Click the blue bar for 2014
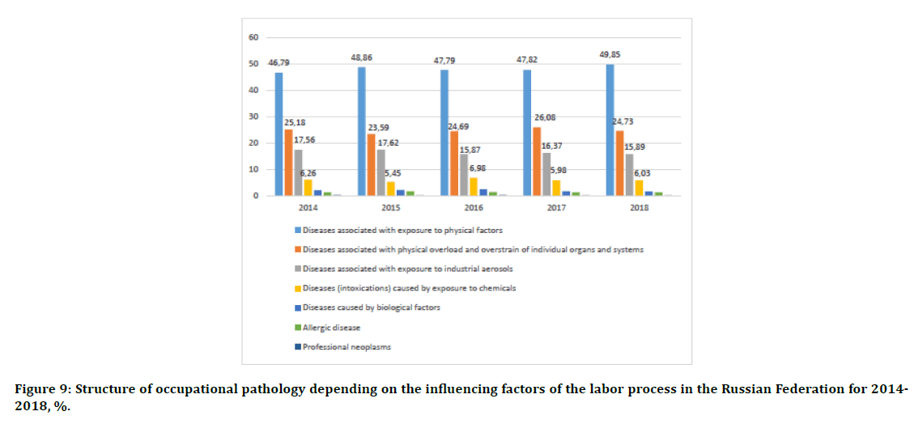coord(279,134)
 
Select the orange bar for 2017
coord(537,162)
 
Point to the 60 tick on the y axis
coord(253,38)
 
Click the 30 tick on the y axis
coord(253,117)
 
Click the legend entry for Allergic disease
coord(331,327)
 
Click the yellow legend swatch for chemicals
coord(297,288)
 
